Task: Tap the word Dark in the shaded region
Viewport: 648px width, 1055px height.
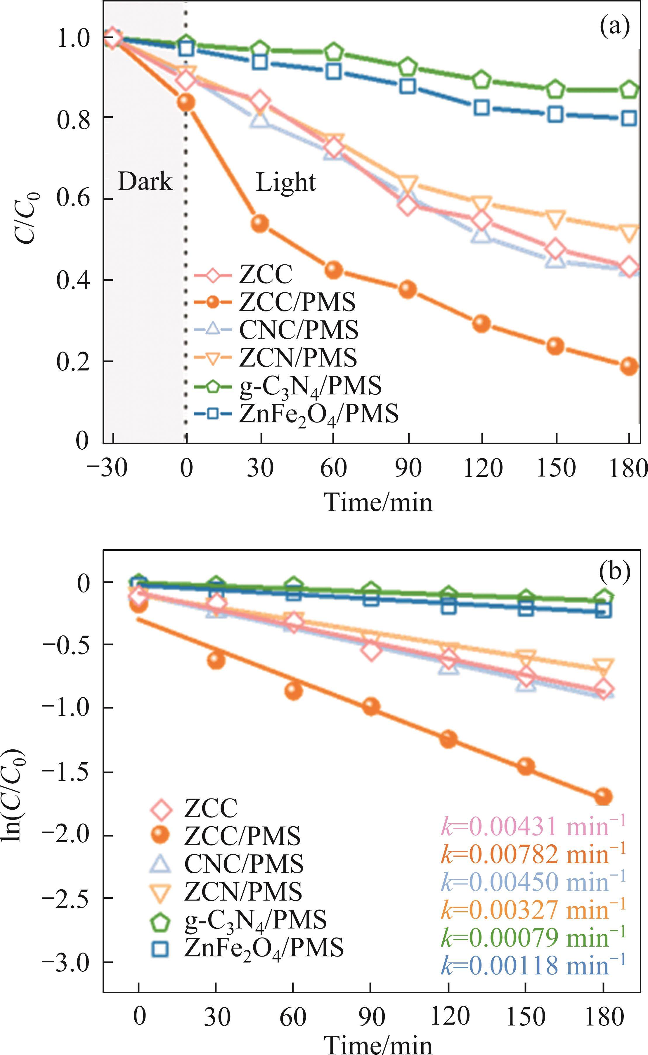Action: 145,182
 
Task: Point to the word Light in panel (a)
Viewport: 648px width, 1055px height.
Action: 286,183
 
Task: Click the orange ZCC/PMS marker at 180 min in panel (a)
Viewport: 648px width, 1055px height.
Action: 629,366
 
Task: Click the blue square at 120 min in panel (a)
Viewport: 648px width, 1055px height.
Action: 482,108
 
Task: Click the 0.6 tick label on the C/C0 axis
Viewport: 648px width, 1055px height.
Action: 73,199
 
